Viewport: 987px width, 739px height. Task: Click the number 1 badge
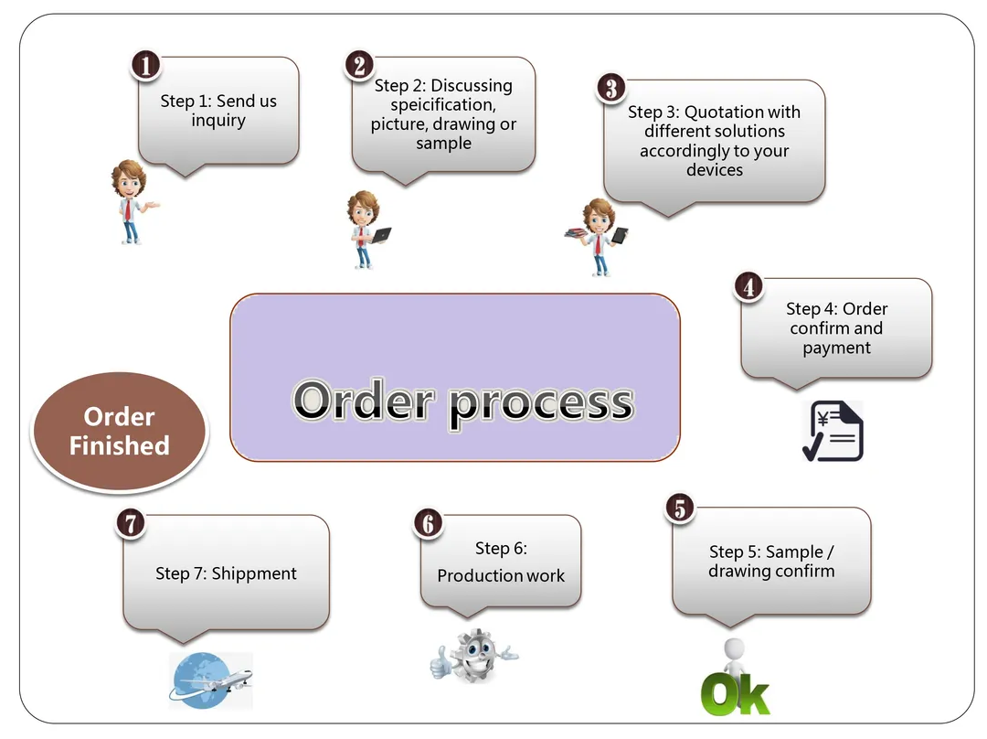tap(147, 65)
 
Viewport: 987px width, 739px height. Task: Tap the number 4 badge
tap(748, 287)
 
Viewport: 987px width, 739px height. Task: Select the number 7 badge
tap(132, 523)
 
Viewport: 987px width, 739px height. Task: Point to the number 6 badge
tap(428, 523)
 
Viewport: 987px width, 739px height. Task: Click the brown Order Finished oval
tap(120, 431)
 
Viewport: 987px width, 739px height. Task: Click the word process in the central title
tap(541, 402)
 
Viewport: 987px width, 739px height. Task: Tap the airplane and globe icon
tap(211, 680)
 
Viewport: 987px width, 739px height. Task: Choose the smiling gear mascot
tap(473, 655)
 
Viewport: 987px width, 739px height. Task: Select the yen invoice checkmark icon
tap(833, 431)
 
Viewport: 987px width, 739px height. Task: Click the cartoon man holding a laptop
tap(366, 229)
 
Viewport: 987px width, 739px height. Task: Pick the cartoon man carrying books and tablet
tap(598, 237)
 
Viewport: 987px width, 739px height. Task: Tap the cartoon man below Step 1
tap(132, 201)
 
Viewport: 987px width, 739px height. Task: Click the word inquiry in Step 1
tap(218, 121)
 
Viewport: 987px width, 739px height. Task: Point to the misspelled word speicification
tap(430, 105)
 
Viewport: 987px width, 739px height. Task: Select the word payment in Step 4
tap(836, 348)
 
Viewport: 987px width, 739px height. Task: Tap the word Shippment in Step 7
tap(254, 573)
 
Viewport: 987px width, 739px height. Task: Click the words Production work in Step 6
tap(501, 575)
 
